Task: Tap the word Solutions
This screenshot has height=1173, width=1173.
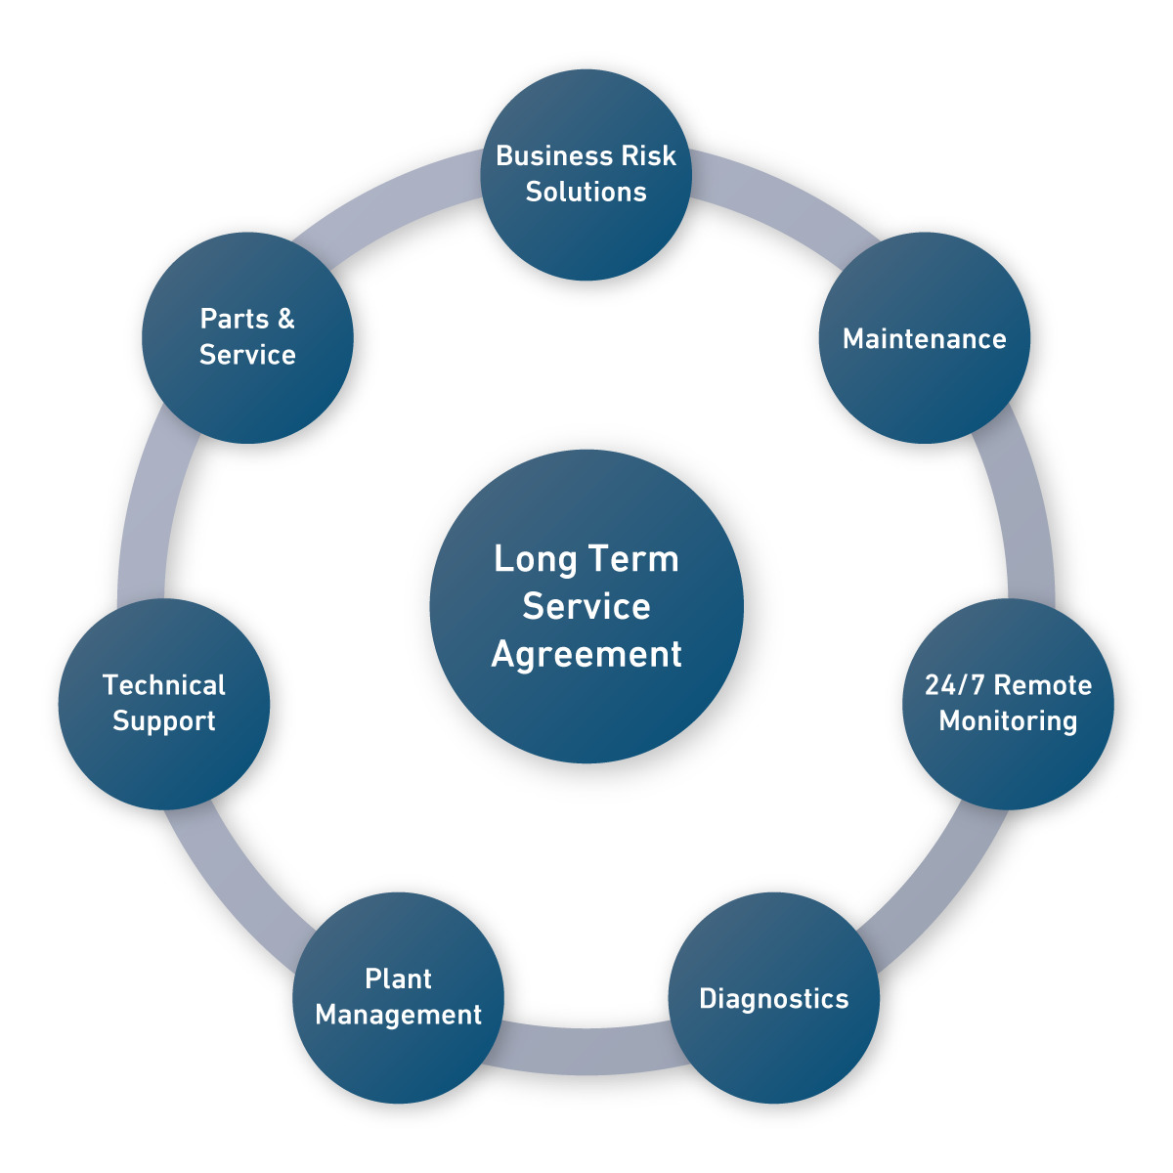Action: [586, 192]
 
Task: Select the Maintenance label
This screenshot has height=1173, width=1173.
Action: [925, 339]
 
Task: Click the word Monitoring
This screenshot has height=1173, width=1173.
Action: [1008, 721]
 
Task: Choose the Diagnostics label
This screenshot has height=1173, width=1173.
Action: [774, 999]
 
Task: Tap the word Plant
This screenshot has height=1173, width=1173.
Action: [398, 979]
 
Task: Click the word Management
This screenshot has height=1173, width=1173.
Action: [399, 1016]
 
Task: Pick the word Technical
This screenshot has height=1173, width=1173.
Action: [164, 685]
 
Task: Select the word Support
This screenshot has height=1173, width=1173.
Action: [164, 721]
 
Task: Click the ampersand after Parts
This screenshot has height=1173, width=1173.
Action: [284, 319]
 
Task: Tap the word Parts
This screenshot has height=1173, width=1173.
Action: [235, 319]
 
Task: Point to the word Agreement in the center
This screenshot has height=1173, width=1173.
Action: [586, 654]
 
